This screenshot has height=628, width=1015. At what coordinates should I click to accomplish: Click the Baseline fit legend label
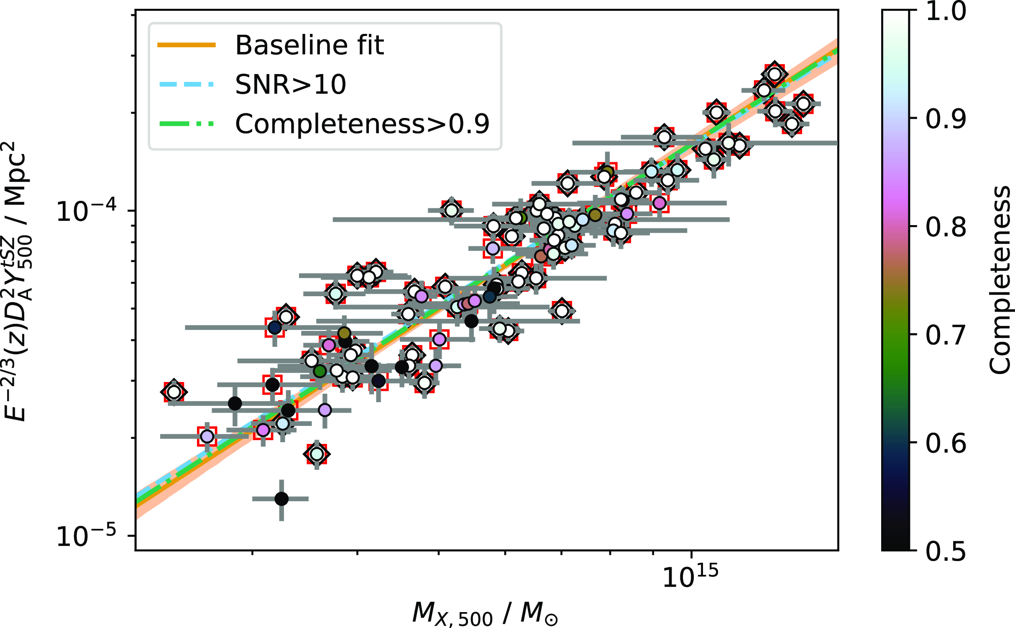(x=309, y=45)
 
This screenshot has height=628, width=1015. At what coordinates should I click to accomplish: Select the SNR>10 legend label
(x=291, y=85)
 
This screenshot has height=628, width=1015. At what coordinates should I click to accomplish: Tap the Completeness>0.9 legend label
(x=362, y=124)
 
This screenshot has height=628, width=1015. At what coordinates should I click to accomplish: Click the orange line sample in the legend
(x=187, y=45)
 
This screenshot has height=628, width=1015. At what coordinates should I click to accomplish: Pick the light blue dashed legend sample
(x=187, y=85)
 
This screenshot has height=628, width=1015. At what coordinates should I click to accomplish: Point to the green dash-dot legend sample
(x=187, y=124)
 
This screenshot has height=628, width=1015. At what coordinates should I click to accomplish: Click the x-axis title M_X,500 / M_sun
(x=485, y=613)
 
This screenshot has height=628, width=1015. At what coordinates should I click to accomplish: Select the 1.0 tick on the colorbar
(x=946, y=11)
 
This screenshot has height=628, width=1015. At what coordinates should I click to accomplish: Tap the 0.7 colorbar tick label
(x=946, y=335)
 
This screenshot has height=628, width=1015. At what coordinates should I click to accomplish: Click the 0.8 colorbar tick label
(x=946, y=227)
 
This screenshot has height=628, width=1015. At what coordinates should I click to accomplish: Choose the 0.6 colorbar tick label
(x=946, y=443)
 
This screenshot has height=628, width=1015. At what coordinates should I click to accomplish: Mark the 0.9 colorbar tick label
(x=946, y=119)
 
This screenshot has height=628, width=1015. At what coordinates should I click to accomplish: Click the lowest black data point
(x=281, y=499)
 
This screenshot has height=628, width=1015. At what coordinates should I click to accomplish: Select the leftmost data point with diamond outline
(x=174, y=392)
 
